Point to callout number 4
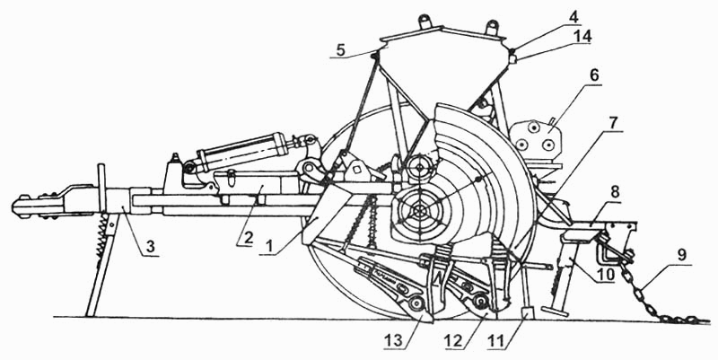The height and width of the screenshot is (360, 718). [574, 17]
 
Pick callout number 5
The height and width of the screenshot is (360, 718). [340, 49]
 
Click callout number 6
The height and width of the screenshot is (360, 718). [593, 75]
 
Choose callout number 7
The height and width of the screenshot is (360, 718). [613, 123]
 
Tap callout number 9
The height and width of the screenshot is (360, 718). [682, 256]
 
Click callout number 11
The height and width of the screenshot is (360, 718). [496, 340]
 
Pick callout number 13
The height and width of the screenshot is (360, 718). [395, 340]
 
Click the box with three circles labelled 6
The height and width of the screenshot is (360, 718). [536, 139]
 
